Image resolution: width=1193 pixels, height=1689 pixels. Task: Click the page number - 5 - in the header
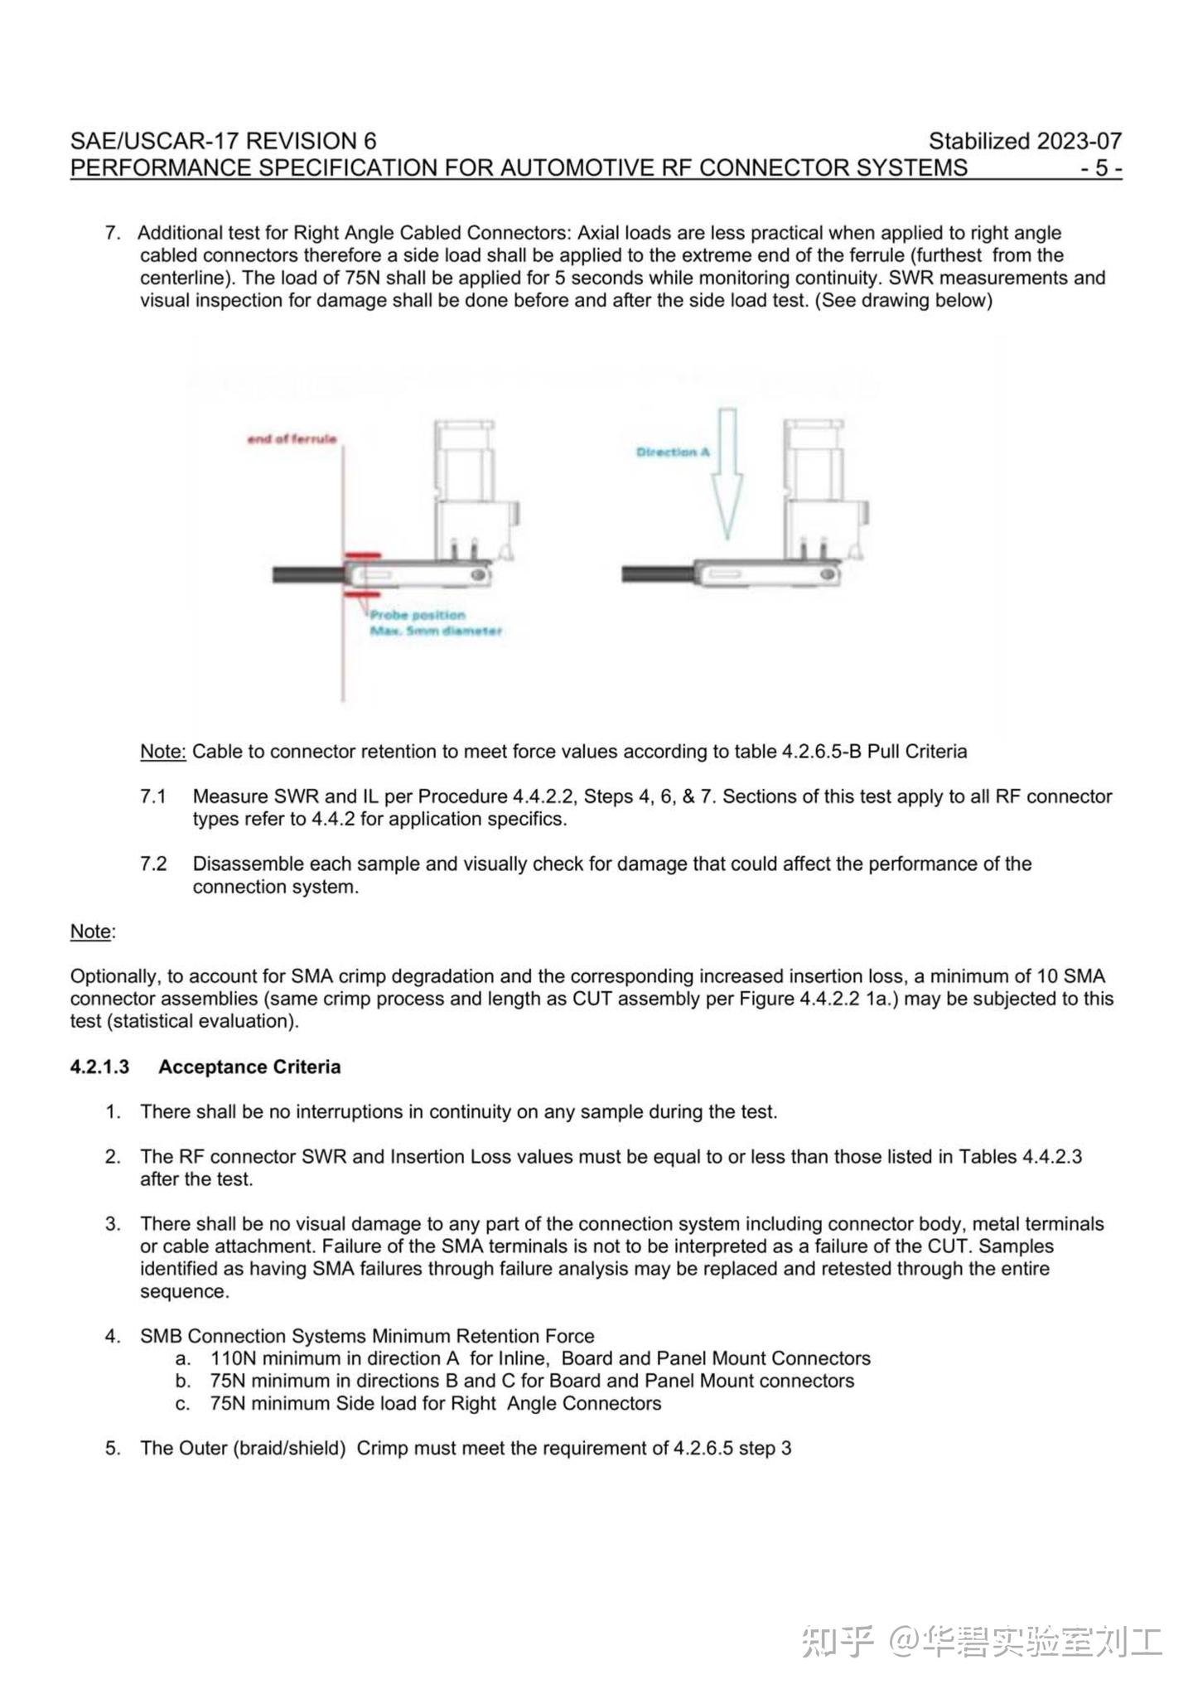(1100, 168)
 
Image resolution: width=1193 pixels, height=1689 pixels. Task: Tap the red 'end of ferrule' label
(292, 438)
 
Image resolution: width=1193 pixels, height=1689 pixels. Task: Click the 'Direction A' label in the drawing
(673, 452)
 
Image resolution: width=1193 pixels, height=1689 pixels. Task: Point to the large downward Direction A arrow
(727, 472)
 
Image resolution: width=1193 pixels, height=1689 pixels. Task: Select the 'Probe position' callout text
(417, 615)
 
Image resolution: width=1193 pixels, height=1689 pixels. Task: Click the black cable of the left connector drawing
(307, 573)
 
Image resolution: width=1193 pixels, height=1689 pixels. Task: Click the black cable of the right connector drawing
(656, 573)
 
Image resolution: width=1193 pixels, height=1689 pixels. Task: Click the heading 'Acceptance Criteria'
(249, 1067)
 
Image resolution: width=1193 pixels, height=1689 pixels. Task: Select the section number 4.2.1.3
(99, 1067)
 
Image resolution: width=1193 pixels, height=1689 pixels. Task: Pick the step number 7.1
(152, 796)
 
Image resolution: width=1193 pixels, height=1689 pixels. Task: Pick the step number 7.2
(152, 864)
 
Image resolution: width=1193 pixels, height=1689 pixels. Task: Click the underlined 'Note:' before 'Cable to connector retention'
(162, 752)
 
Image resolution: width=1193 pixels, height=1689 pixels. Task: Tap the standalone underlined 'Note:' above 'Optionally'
(92, 932)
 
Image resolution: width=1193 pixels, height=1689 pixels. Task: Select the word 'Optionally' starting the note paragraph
(116, 976)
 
